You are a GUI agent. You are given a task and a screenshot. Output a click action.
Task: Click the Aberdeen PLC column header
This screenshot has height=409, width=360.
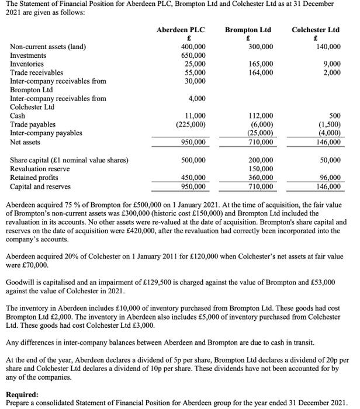coord(181,29)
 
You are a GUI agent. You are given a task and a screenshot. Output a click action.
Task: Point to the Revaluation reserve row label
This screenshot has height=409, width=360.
coord(42,168)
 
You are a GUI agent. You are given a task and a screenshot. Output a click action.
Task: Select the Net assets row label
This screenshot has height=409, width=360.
coord(26,142)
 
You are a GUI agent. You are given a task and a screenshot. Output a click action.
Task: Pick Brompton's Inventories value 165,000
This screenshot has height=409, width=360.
coord(261,64)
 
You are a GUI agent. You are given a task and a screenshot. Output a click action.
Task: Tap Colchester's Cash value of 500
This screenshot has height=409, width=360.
coord(335,116)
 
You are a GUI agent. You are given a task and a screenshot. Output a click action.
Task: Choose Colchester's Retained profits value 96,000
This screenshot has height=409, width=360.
coord(330,178)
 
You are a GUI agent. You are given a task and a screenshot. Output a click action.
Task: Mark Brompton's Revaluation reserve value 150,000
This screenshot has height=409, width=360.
coord(261,168)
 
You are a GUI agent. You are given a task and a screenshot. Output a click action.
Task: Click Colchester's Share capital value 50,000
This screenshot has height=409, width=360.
coord(330,160)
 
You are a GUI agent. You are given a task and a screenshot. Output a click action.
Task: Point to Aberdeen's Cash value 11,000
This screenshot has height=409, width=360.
coord(195,116)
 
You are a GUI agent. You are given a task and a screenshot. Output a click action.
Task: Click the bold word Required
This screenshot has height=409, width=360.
coord(23,394)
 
